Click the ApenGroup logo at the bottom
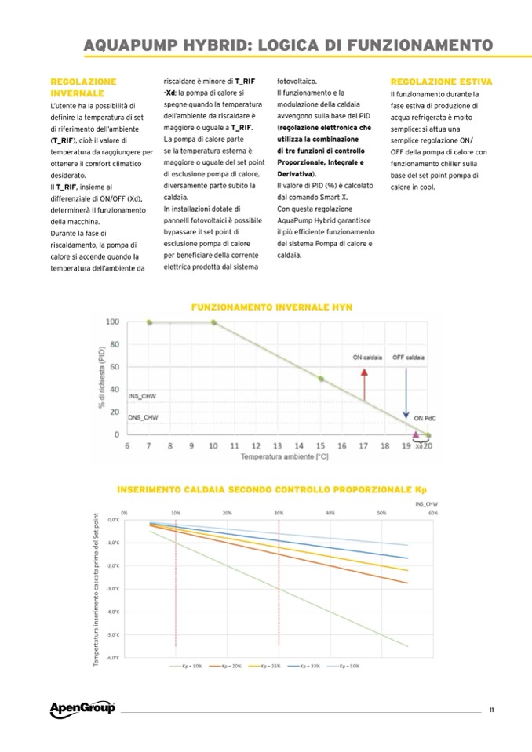point(82,709)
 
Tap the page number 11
point(490,710)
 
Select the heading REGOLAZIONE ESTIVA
point(441,82)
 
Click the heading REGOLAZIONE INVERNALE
point(82,87)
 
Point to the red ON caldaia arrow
point(364,383)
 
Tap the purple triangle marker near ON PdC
point(416,430)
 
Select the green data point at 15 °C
point(320,379)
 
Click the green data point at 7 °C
point(148,322)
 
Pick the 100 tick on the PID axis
point(111,322)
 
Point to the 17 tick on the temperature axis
point(363,445)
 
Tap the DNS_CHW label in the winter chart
point(143,418)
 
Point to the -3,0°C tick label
point(113,588)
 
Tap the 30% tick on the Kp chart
point(279,512)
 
